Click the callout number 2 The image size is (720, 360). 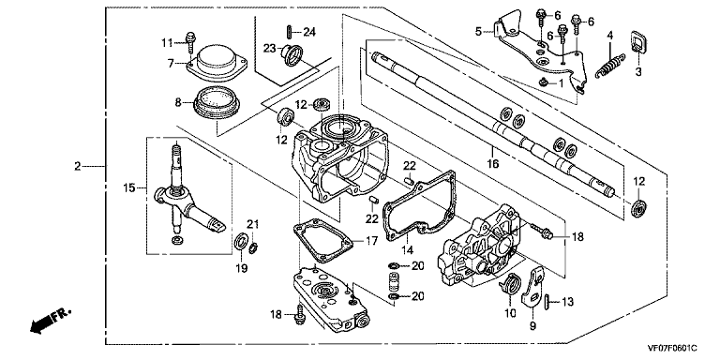point(77,166)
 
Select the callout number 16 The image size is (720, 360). point(493,163)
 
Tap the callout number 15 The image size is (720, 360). point(128,187)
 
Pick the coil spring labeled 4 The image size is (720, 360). point(610,66)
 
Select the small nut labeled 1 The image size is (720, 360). point(543,82)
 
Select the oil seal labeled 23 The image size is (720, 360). point(292,54)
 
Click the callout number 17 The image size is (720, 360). point(371,240)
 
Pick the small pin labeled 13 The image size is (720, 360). point(547,302)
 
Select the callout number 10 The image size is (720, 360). point(511,314)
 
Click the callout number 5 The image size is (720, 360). point(478,32)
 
